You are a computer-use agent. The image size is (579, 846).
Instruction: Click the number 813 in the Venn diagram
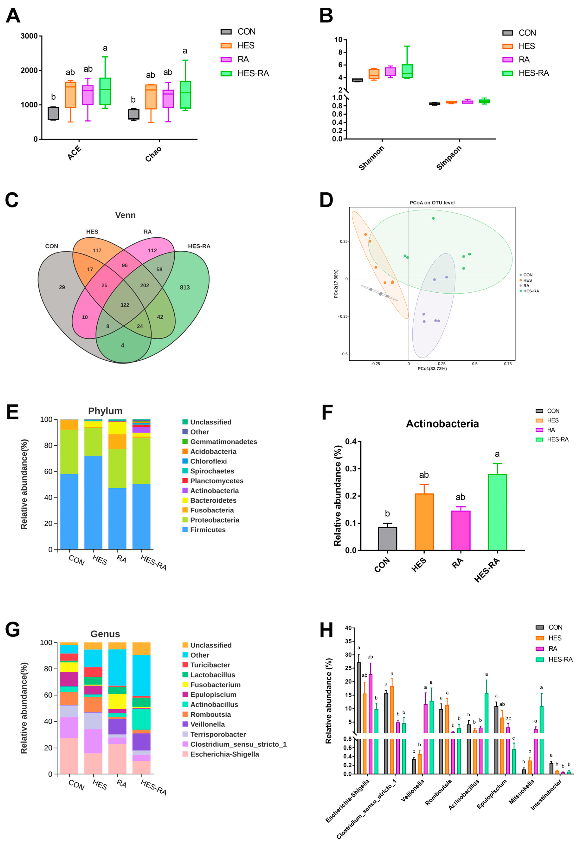coord(185,288)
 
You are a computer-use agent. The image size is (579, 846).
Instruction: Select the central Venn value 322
coord(125,305)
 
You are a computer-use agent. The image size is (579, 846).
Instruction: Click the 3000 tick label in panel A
coord(29,36)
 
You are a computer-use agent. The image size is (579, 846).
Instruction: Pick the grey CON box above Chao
coord(133,114)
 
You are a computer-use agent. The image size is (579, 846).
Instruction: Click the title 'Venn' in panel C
coord(125,215)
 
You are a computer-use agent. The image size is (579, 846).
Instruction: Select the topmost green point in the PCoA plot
coord(433,218)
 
